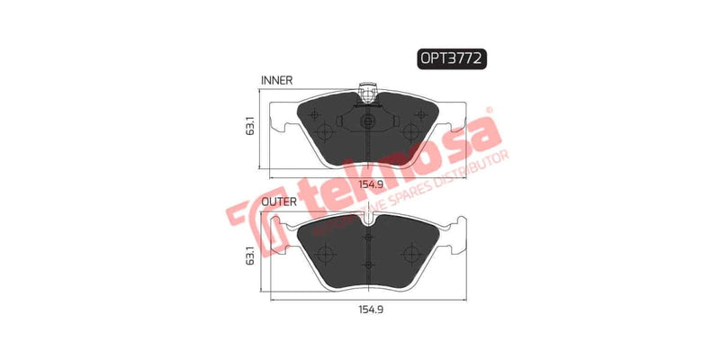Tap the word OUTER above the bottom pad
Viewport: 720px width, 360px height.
(279, 202)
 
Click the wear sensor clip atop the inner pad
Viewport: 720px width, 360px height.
(366, 91)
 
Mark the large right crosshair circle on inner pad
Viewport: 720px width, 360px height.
(410, 131)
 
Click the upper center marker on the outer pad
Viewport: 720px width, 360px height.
(366, 238)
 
